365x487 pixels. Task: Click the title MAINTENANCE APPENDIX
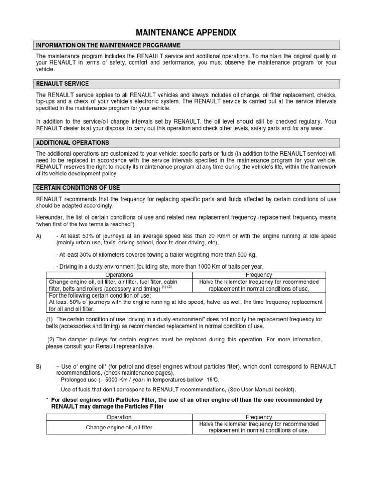186,32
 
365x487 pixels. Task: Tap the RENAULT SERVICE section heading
62,84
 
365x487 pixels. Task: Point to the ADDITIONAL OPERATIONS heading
73,143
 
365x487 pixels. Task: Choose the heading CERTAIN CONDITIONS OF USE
78,188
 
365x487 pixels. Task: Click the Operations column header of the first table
119,275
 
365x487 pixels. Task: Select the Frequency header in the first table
259,275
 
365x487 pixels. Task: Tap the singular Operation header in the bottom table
119,417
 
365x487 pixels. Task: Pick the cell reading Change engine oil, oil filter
119,428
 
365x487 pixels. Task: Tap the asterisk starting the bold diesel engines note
47,400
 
